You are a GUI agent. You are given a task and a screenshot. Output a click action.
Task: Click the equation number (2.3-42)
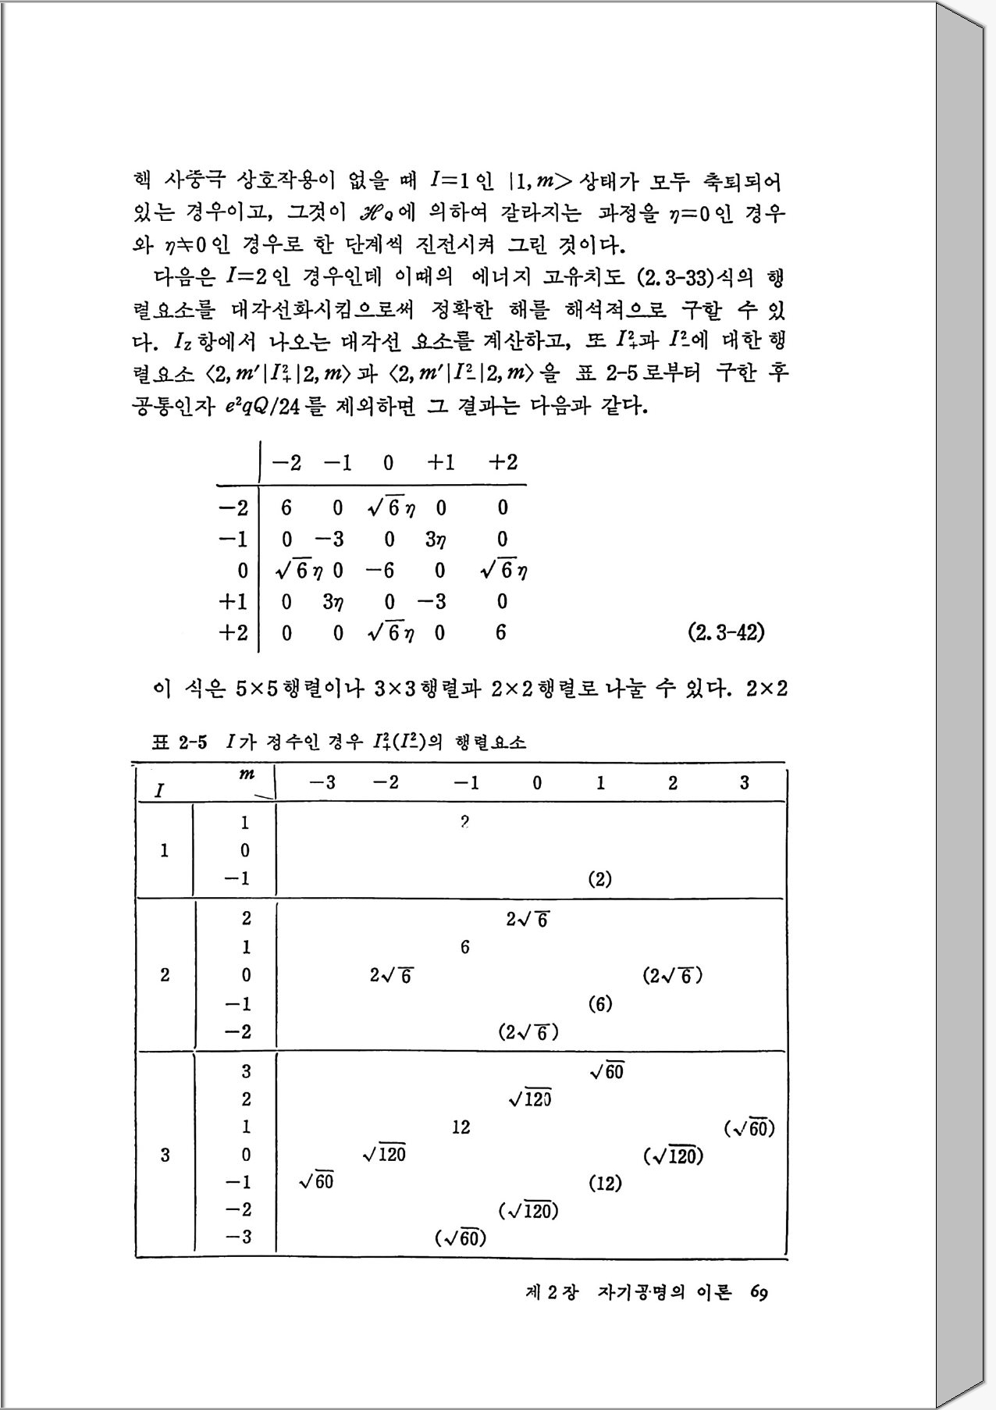coord(725,632)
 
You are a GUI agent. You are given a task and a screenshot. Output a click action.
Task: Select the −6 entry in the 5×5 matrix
coord(380,571)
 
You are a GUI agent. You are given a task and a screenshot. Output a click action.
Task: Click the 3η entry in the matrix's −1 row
coord(436,539)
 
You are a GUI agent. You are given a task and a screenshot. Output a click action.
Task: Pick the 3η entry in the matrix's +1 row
coord(334,602)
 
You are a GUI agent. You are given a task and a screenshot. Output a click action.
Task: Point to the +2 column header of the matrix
coord(503,462)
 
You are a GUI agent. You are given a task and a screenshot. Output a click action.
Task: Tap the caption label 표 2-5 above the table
coord(180,742)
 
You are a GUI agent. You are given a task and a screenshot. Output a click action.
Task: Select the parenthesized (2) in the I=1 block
coord(599,879)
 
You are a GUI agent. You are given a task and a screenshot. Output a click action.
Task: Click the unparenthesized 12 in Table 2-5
coord(461,1127)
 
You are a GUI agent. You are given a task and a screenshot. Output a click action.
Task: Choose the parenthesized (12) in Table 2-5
coord(604,1184)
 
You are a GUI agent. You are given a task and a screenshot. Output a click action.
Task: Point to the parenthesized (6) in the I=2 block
coord(599,1004)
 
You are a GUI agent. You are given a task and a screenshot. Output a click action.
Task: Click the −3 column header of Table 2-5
coord(322,782)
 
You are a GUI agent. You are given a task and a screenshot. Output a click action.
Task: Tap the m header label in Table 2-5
coord(247,774)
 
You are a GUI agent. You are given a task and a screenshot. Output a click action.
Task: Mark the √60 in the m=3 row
coord(607,1072)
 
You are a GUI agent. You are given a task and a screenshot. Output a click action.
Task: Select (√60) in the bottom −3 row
coord(461,1238)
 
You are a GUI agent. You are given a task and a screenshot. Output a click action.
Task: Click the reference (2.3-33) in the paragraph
coord(678,279)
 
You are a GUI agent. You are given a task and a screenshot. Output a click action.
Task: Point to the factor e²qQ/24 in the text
coord(258,407)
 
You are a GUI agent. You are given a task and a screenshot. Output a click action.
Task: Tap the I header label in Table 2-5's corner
coord(159,791)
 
